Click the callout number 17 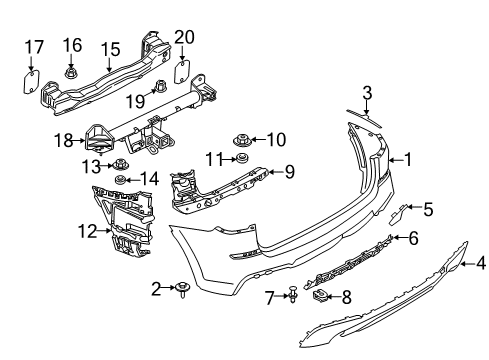34,47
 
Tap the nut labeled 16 70,73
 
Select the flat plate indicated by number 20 182,71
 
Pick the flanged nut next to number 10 242,140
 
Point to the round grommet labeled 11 241,158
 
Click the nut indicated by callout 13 120,165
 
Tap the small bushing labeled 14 120,180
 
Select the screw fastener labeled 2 183,289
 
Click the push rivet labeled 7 293,295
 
